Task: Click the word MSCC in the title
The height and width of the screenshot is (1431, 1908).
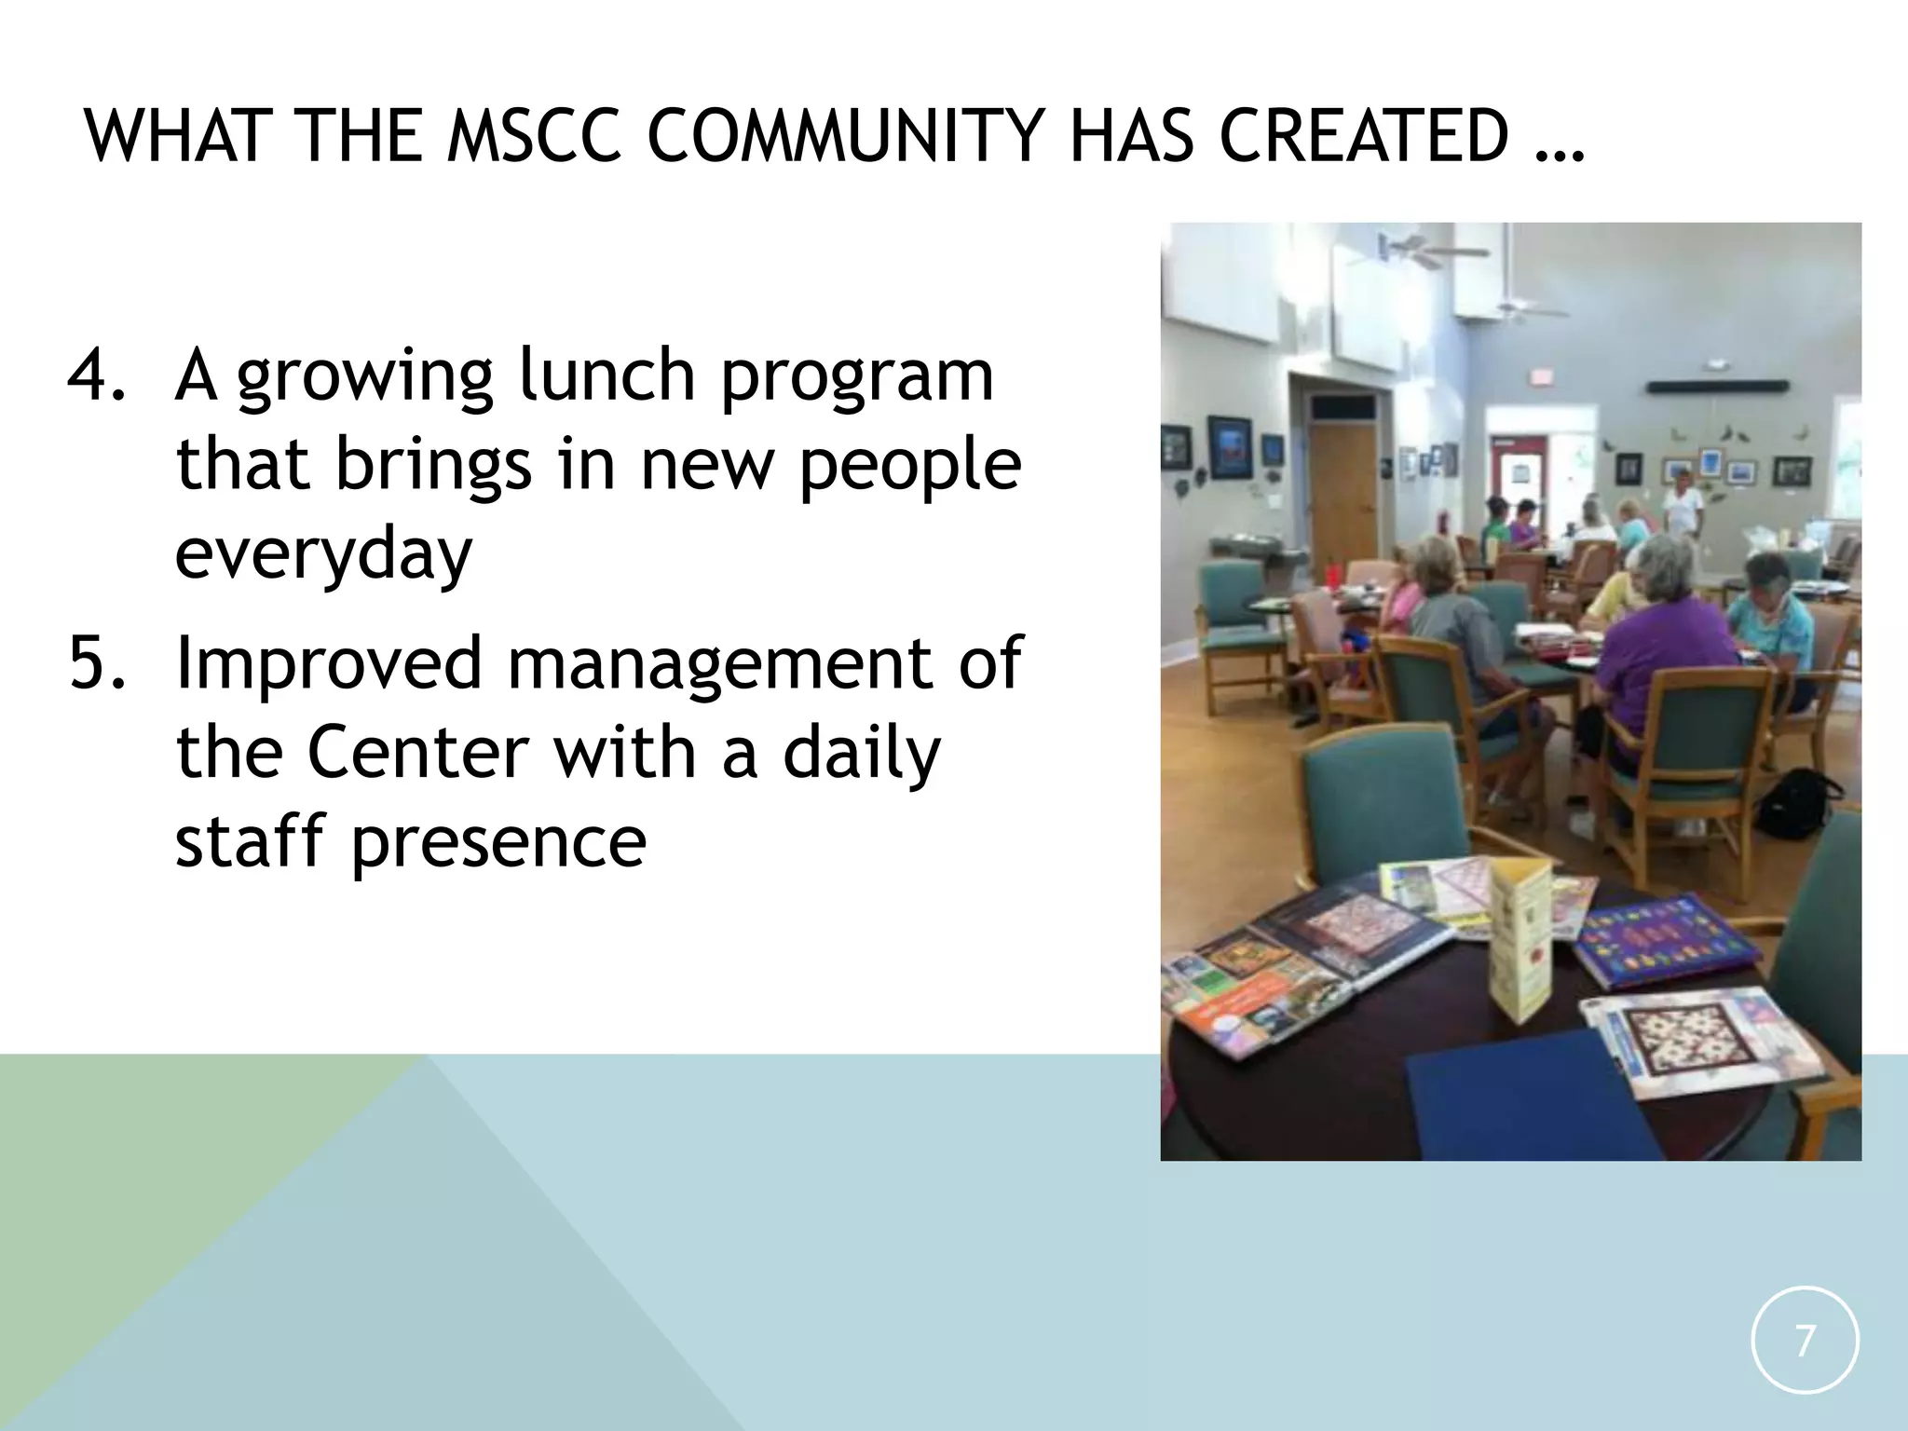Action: [x=534, y=137]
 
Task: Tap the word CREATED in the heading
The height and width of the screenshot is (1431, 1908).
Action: [x=1363, y=137]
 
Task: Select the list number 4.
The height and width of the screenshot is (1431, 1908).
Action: [x=97, y=375]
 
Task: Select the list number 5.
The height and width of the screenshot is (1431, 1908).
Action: [x=97, y=663]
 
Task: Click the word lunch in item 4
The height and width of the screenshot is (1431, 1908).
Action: [x=606, y=375]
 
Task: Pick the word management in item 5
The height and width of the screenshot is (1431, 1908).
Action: [x=718, y=663]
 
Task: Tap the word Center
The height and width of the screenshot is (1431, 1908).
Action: [x=418, y=753]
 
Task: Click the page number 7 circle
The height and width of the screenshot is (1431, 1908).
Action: [x=1805, y=1341]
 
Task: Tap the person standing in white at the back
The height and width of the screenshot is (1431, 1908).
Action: [x=1683, y=503]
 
